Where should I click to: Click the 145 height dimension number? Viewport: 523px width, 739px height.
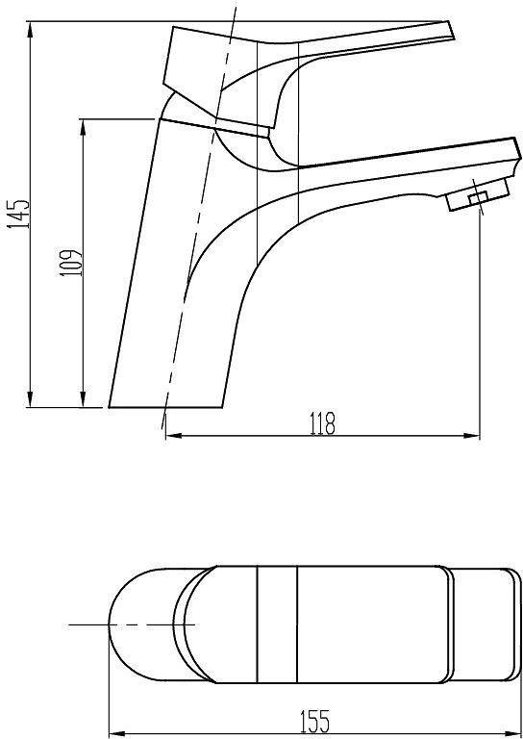coord(18,214)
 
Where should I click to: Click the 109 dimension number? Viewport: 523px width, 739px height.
coord(71,263)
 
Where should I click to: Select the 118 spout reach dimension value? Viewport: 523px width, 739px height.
coord(323,423)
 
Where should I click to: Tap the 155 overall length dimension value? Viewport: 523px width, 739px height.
coord(315,722)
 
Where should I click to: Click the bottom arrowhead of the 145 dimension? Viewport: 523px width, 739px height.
coord(30,398)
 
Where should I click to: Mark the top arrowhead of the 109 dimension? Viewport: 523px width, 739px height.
coord(83,127)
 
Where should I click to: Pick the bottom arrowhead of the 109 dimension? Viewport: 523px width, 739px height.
coord(83,398)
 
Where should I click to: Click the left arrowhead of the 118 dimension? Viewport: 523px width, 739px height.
coord(174,436)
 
